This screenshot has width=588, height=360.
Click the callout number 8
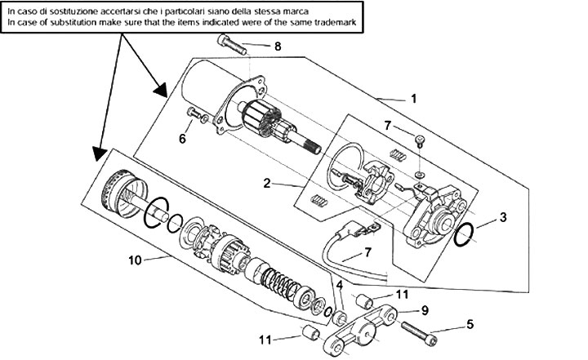pyautogui.click(x=278, y=47)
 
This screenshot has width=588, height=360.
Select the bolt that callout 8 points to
pyautogui.click(x=232, y=45)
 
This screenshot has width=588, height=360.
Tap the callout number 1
pyautogui.click(x=413, y=99)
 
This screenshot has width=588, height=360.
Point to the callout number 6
pyautogui.click(x=182, y=139)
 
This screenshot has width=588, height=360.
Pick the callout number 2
pyautogui.click(x=266, y=184)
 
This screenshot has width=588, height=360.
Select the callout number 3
pyautogui.click(x=503, y=217)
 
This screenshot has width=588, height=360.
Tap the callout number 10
pyautogui.click(x=135, y=260)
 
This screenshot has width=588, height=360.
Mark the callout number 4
pyautogui.click(x=340, y=286)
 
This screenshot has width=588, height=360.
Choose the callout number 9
pyautogui.click(x=425, y=310)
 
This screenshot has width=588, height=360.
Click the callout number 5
pyautogui.click(x=470, y=324)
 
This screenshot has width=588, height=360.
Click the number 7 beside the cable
pyautogui.click(x=367, y=252)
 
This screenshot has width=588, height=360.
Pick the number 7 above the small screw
pyautogui.click(x=388, y=125)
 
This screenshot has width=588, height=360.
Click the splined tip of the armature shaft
pyautogui.click(x=312, y=148)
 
